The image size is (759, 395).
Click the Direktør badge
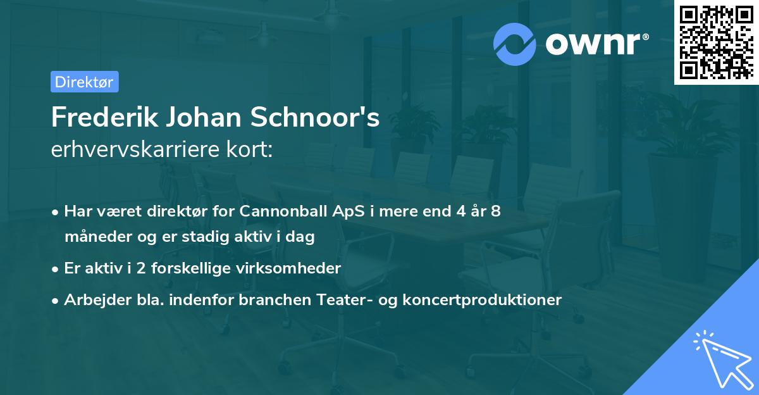pyautogui.click(x=84, y=82)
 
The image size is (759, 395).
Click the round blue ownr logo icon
pyautogui.click(x=515, y=44)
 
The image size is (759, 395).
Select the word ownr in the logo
pyautogui.click(x=595, y=44)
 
